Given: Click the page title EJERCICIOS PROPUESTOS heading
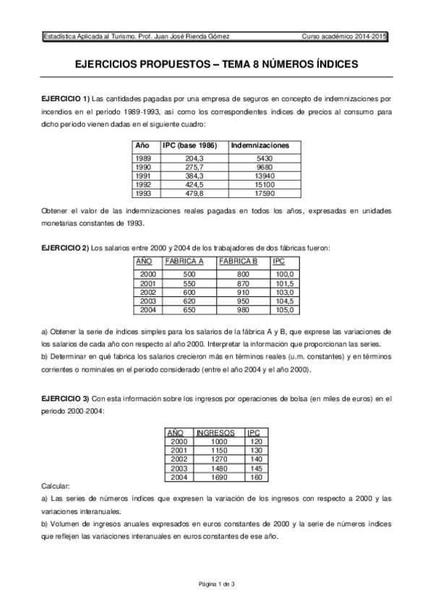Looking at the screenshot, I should click(216, 64).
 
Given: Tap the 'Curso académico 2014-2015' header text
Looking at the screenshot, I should click(346, 35).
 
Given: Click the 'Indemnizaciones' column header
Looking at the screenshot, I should click(260, 145).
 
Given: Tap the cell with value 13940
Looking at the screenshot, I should click(265, 176).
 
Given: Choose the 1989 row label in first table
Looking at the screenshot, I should click(143, 158).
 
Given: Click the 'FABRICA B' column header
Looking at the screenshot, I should click(238, 261).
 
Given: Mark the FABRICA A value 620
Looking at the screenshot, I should click(189, 301).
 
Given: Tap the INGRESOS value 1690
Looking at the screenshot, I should click(219, 477).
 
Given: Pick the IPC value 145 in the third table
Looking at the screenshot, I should click(255, 468).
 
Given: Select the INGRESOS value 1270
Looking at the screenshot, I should click(219, 459).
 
